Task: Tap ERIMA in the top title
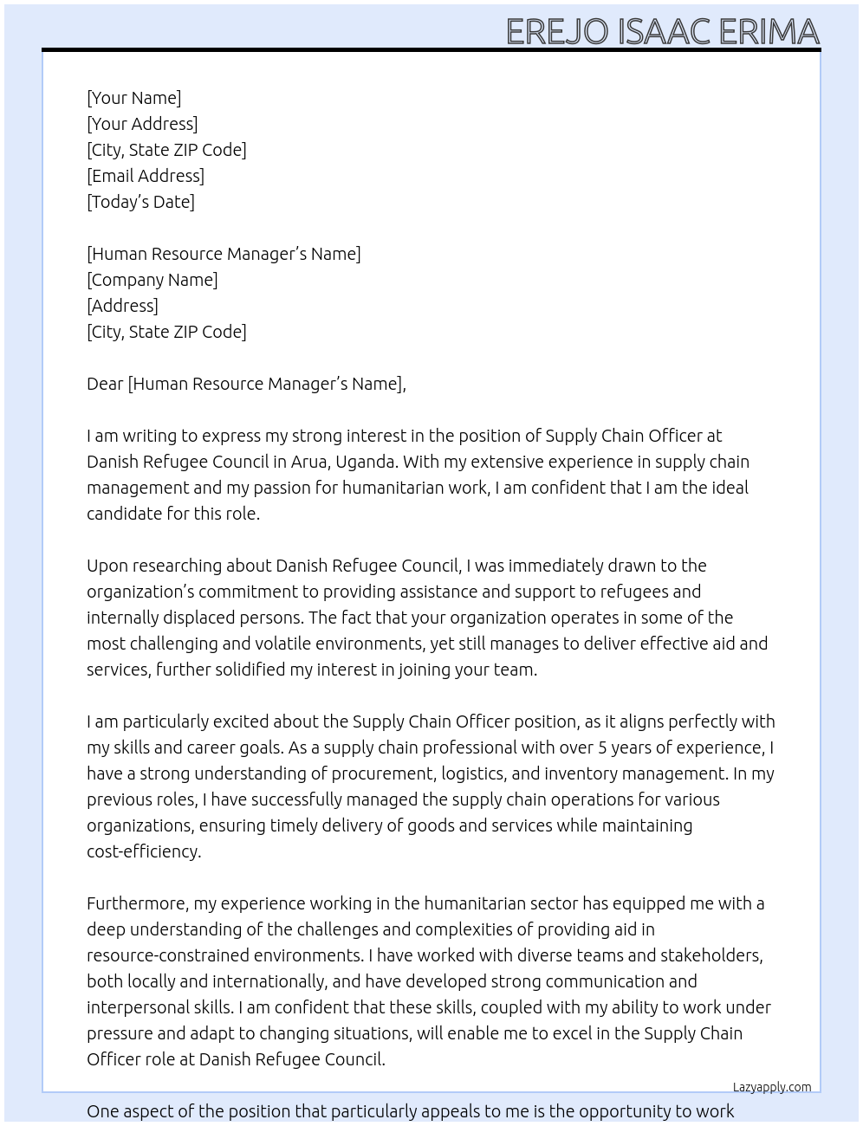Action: tap(769, 32)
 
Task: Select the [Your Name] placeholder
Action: tap(133, 98)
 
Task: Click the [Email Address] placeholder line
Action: tap(146, 176)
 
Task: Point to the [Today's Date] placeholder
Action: tap(140, 202)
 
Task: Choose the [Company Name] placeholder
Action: tap(152, 280)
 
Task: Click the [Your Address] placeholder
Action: tap(142, 124)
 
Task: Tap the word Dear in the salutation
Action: tap(105, 384)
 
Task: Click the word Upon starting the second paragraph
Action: tap(107, 566)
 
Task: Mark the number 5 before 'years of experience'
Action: tap(603, 747)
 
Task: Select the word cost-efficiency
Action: tap(143, 851)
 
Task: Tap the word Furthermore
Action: tap(137, 903)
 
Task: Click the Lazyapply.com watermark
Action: tap(772, 1087)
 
